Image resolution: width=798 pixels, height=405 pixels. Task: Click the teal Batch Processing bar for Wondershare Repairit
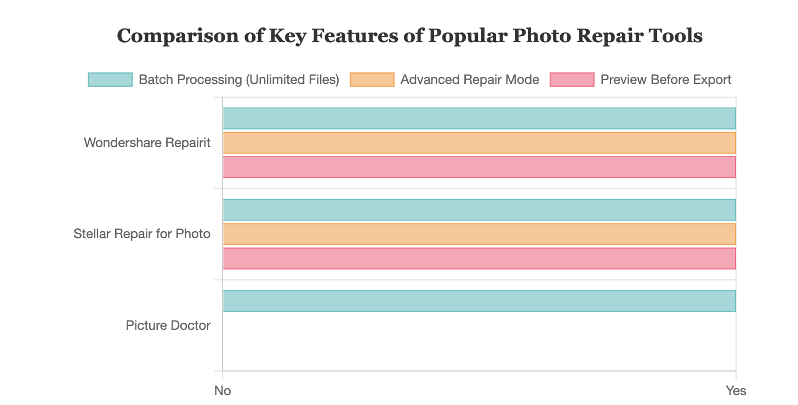pyautogui.click(x=479, y=119)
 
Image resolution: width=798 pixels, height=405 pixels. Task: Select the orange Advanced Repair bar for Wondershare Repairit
pyautogui.click(x=479, y=143)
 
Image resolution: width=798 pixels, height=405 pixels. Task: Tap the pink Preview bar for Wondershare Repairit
pyautogui.click(x=479, y=167)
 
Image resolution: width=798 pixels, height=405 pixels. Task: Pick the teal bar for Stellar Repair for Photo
pyautogui.click(x=479, y=210)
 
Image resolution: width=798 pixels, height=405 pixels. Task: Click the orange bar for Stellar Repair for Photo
pyautogui.click(x=479, y=234)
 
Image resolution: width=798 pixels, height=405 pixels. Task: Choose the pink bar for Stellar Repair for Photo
pyautogui.click(x=479, y=258)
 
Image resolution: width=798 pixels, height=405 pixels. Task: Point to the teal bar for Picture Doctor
pyautogui.click(x=479, y=301)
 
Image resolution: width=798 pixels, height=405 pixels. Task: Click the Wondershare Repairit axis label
pyautogui.click(x=147, y=143)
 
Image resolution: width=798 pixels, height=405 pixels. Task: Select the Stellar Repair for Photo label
pyautogui.click(x=142, y=234)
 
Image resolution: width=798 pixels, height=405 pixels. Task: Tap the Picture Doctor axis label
pyautogui.click(x=168, y=325)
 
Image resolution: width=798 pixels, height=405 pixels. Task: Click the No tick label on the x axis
pyautogui.click(x=223, y=391)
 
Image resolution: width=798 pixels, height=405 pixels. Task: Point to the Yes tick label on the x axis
pyautogui.click(x=736, y=391)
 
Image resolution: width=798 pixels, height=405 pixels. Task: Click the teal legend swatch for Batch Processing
pyautogui.click(x=110, y=80)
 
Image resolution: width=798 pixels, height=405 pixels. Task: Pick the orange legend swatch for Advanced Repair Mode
pyautogui.click(x=372, y=80)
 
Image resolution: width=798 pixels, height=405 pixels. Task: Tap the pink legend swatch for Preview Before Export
pyautogui.click(x=572, y=80)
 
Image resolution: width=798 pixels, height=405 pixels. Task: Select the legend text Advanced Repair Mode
pyautogui.click(x=470, y=80)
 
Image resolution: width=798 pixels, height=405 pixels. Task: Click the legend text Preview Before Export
pyautogui.click(x=666, y=80)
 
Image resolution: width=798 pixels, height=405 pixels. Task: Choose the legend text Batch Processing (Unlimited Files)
pyautogui.click(x=239, y=80)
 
